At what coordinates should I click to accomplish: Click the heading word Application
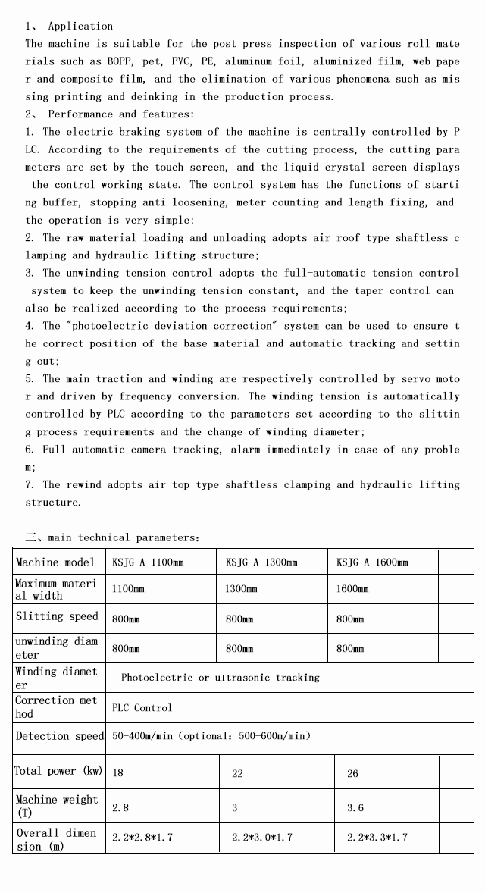[80, 26]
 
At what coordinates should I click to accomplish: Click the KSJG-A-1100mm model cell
[148, 562]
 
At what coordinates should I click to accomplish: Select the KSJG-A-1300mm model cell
[261, 562]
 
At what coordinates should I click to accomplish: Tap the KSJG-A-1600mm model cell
[372, 562]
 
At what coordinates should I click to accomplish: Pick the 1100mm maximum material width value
[127, 588]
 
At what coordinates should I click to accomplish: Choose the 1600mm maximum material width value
[352, 588]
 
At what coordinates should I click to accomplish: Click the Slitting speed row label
[57, 617]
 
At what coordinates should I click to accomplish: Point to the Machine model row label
[55, 562]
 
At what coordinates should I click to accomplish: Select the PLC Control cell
[142, 707]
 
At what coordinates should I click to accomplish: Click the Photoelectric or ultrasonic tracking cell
[221, 677]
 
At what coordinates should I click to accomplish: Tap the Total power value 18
[118, 773]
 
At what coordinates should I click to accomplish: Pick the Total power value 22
[237, 773]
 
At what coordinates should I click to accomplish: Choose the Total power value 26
[353, 773]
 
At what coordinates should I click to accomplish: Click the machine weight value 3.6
[355, 808]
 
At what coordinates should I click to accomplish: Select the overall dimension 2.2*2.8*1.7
[142, 838]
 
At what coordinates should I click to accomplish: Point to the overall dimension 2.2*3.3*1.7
[377, 838]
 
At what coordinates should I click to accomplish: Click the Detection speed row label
[60, 736]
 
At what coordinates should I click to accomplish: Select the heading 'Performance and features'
[120, 114]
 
